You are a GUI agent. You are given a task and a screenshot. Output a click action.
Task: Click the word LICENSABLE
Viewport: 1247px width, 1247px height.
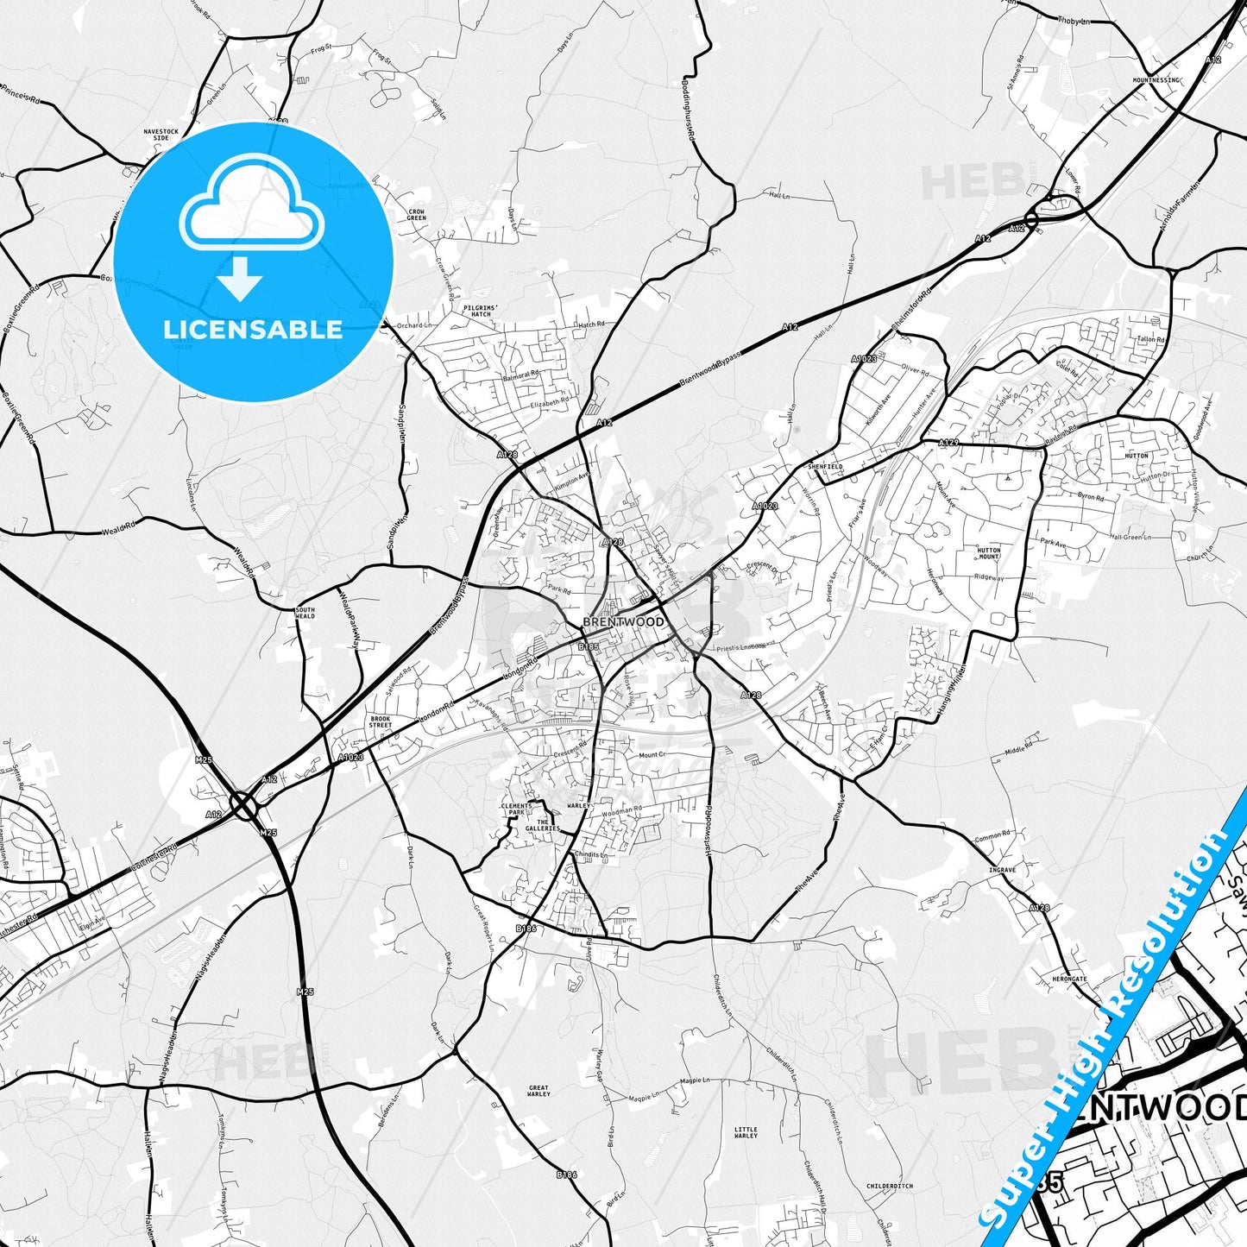coord(253,329)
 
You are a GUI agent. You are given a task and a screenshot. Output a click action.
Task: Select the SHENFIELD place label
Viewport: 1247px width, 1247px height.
coord(824,466)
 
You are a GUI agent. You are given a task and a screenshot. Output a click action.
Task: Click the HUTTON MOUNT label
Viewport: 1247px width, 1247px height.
coord(989,553)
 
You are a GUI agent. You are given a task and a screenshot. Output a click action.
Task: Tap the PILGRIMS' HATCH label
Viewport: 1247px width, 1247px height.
coord(481,311)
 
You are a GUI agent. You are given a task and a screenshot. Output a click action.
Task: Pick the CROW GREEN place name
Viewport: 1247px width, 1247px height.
coord(416,214)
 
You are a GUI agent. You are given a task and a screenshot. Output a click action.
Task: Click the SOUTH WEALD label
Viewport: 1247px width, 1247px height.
coord(305,613)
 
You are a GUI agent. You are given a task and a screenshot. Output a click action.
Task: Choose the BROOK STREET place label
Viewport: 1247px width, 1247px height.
coord(380,722)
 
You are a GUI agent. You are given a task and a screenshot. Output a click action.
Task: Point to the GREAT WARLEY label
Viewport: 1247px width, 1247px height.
coord(538,1092)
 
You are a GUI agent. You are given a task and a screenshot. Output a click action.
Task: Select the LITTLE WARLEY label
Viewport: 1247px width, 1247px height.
coord(746,1132)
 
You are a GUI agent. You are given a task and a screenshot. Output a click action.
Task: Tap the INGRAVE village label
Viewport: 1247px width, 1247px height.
coord(1002,870)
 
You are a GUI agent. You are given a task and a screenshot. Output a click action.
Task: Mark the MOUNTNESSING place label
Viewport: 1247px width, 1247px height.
coord(1156,80)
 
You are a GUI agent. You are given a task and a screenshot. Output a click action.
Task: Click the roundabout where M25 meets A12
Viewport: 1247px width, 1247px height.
coord(244,807)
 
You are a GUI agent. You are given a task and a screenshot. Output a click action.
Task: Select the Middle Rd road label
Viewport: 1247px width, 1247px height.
coord(1018,747)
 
